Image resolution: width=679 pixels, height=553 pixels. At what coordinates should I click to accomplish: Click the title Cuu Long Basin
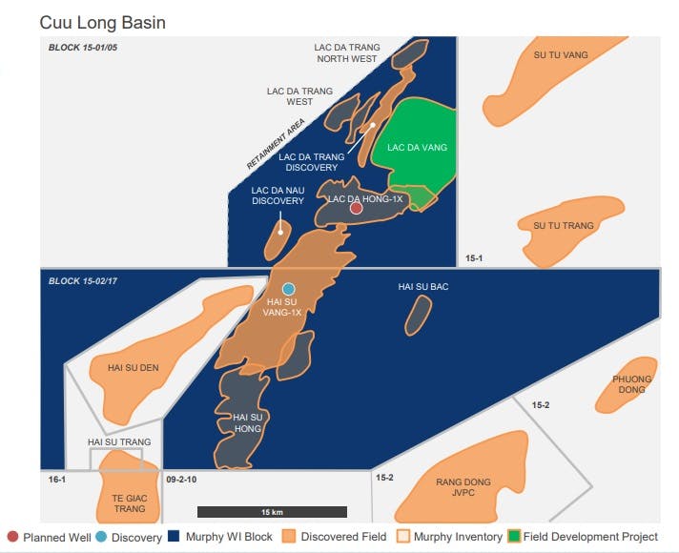102,21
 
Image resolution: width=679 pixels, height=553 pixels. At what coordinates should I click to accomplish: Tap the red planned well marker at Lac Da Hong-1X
356,208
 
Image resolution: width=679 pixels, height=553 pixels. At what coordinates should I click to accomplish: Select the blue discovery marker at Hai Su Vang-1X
288,288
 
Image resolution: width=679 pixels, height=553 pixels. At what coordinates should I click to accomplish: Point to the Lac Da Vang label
417,148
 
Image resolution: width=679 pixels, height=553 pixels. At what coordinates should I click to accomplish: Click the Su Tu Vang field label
561,55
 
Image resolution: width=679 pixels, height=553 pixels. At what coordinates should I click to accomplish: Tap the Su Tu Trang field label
564,226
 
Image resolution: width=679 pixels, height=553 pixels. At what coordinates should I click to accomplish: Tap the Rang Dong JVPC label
463,488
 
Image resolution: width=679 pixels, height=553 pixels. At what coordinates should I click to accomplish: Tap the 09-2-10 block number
180,479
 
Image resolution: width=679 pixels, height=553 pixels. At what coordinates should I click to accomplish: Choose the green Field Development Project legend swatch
515,537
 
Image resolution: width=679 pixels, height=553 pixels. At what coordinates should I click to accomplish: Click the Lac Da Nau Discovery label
278,195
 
